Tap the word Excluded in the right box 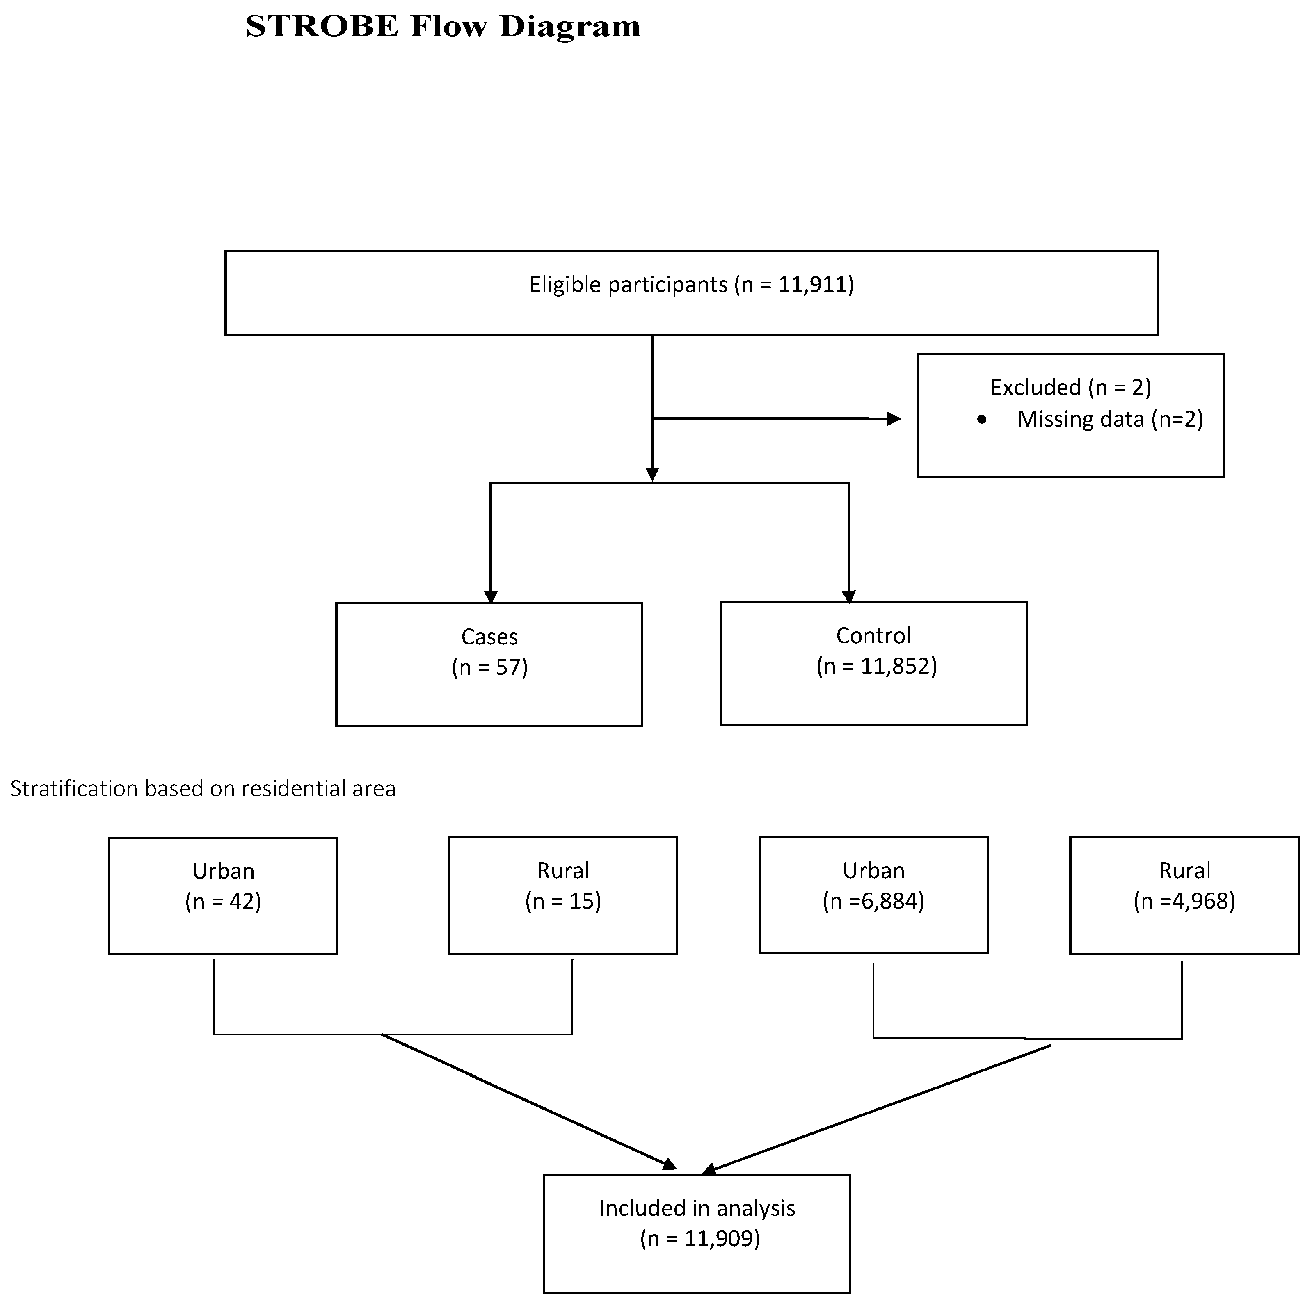(x=1035, y=387)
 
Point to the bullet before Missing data (x=981, y=420)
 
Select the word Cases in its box (x=489, y=637)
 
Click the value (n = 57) (x=489, y=667)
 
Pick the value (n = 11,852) (x=876, y=666)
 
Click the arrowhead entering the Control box (x=849, y=596)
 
